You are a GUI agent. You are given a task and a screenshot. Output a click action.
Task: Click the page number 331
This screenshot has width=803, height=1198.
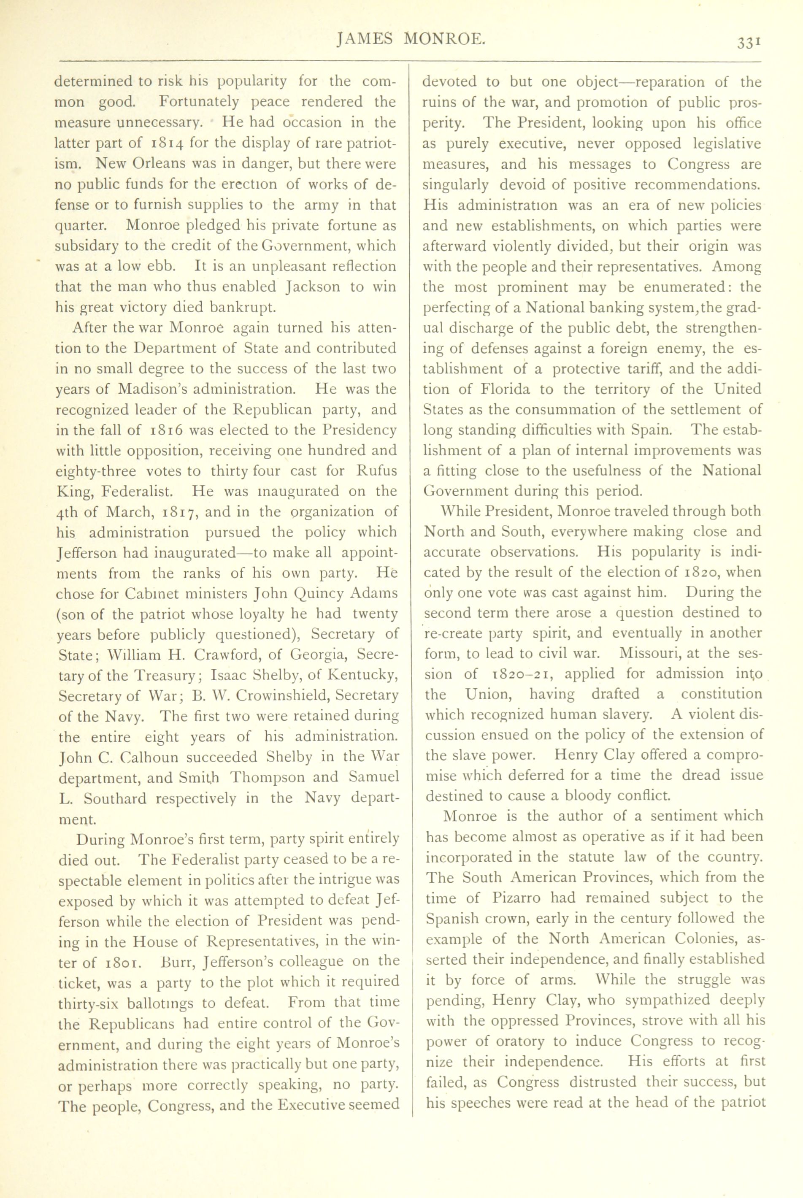(x=748, y=43)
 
